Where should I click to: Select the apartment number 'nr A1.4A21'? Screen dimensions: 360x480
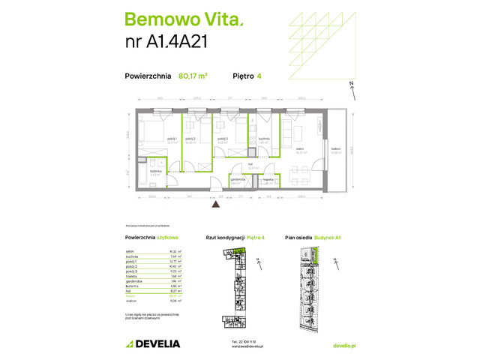pyautogui.click(x=165, y=43)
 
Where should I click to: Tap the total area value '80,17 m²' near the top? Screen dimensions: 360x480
pyautogui.click(x=193, y=76)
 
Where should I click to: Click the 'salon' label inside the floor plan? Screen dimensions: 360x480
pyautogui.click(x=299, y=148)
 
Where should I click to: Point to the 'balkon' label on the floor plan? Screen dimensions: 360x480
pyautogui.click(x=336, y=149)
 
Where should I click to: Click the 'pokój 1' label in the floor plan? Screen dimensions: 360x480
pyautogui.click(x=170, y=138)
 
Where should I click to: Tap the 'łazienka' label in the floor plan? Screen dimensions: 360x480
pyautogui.click(x=155, y=171)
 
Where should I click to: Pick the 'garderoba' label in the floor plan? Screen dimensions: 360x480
pyautogui.click(x=238, y=179)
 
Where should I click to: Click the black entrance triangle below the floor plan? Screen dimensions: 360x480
pyautogui.click(x=216, y=202)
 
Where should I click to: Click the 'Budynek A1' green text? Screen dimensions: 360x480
pyautogui.click(x=328, y=238)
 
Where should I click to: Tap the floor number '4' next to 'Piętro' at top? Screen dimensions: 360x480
pyautogui.click(x=259, y=76)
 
